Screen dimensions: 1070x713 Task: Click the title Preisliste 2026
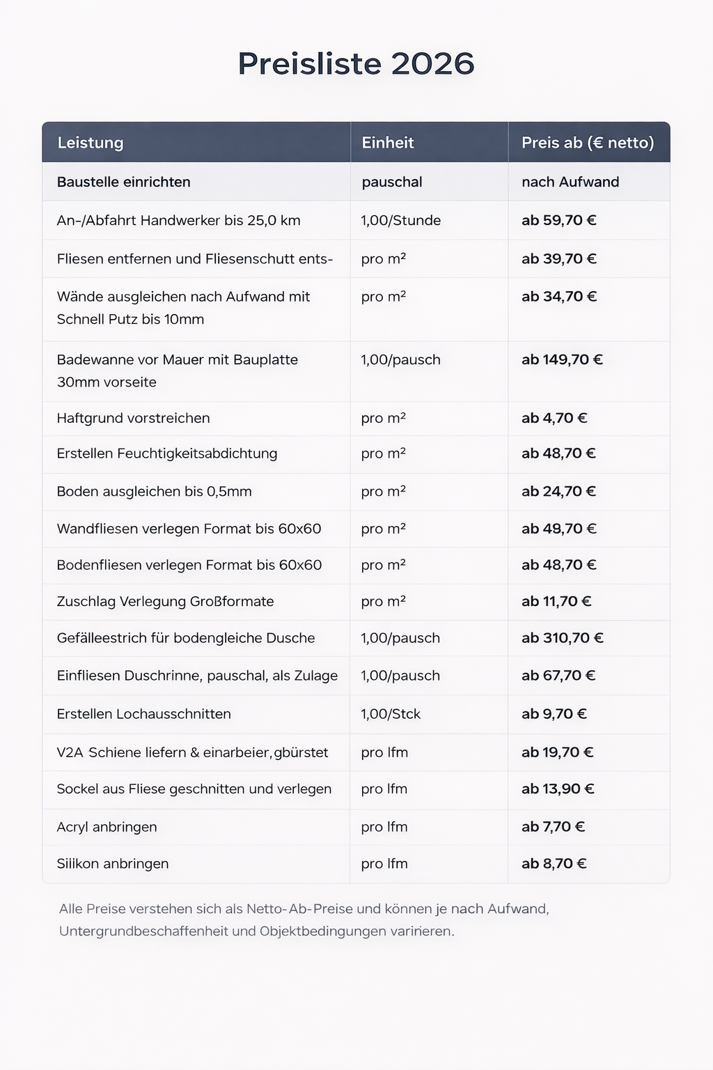(356, 63)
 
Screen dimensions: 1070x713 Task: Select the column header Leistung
(90, 143)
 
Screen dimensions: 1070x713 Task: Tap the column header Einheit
(387, 143)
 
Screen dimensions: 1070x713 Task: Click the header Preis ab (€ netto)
(588, 143)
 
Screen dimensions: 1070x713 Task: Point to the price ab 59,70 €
(558, 221)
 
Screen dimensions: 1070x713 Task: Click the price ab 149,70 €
(562, 360)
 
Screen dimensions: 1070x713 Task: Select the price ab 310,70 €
(562, 638)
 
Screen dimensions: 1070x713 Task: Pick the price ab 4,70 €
(554, 419)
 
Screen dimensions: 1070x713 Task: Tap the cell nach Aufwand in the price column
(570, 182)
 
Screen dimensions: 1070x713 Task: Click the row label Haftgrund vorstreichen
(133, 419)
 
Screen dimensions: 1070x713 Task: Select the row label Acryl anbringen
(107, 827)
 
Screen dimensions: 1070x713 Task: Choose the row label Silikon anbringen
(112, 864)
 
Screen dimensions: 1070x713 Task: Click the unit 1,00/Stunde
(400, 221)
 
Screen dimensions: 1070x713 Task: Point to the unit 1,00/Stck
(391, 714)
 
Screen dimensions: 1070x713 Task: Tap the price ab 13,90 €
(558, 789)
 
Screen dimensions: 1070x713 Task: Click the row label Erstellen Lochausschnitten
(143, 714)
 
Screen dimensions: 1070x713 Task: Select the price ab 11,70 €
(556, 602)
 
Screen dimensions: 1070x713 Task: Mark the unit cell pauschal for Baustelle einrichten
(392, 182)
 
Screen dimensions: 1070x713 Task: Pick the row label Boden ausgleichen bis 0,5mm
(154, 492)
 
